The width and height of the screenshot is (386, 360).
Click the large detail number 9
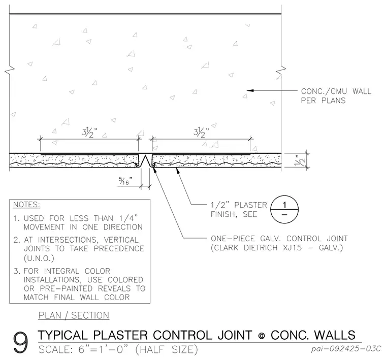coord(21,342)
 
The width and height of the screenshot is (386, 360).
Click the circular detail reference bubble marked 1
coord(284,210)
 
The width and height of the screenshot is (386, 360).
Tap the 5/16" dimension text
coord(126,181)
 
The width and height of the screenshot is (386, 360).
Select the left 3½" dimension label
coord(89,133)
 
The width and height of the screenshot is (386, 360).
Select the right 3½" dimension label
coord(201,133)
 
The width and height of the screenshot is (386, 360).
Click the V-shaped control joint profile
coord(145,161)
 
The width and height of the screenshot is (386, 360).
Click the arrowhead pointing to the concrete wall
coord(250,90)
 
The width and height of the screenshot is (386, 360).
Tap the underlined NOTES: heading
coord(26,205)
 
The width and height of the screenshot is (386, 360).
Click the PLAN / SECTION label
coord(74,315)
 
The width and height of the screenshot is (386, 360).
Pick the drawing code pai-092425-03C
coord(346,349)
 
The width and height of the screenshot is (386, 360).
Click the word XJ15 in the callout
coord(292,248)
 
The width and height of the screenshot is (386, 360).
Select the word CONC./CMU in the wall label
coord(324,91)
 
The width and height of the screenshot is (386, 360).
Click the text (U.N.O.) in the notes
coord(39,258)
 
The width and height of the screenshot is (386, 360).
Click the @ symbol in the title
coord(262,336)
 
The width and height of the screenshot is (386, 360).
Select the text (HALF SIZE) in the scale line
coord(167,350)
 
